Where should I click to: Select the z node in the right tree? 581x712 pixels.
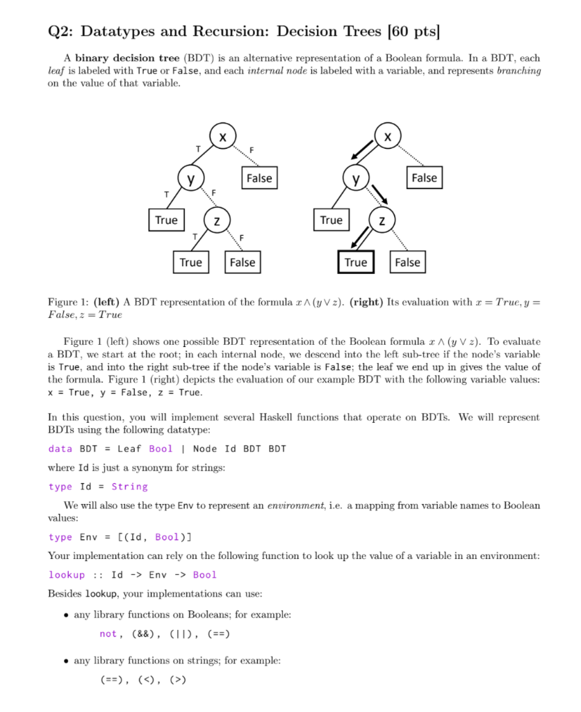(382, 220)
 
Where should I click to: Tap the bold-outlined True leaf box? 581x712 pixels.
(355, 262)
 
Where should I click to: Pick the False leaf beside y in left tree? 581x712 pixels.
(259, 178)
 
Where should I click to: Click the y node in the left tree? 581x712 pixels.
(189, 179)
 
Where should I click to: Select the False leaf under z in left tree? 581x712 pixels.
(242, 262)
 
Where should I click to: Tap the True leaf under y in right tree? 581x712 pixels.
(331, 220)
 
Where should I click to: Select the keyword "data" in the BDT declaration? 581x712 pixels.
(60, 448)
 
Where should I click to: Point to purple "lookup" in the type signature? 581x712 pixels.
(67, 575)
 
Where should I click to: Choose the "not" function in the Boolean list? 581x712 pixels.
(108, 634)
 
